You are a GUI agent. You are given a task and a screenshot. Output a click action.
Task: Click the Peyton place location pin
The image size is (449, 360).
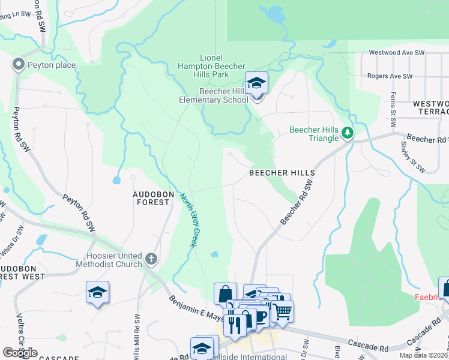tap(18, 64)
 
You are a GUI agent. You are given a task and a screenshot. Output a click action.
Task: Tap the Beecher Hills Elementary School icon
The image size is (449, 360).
tap(256, 84)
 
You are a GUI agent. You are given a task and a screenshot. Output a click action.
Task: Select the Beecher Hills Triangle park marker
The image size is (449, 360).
tap(348, 133)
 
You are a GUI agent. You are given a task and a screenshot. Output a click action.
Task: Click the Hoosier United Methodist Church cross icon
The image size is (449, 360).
tap(151, 259)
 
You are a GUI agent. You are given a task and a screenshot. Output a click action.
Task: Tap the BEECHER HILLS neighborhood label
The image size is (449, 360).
tap(282, 173)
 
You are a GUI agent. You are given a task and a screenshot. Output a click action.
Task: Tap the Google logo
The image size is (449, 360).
tap(20, 353)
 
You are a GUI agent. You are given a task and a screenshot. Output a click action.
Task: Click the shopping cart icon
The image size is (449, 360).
tap(282, 311)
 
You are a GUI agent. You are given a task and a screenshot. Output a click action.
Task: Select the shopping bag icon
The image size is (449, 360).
tap(225, 294)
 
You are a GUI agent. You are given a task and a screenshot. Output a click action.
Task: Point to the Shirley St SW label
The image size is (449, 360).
tap(413, 154)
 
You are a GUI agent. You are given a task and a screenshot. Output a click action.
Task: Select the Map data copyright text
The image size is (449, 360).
tap(423, 355)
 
